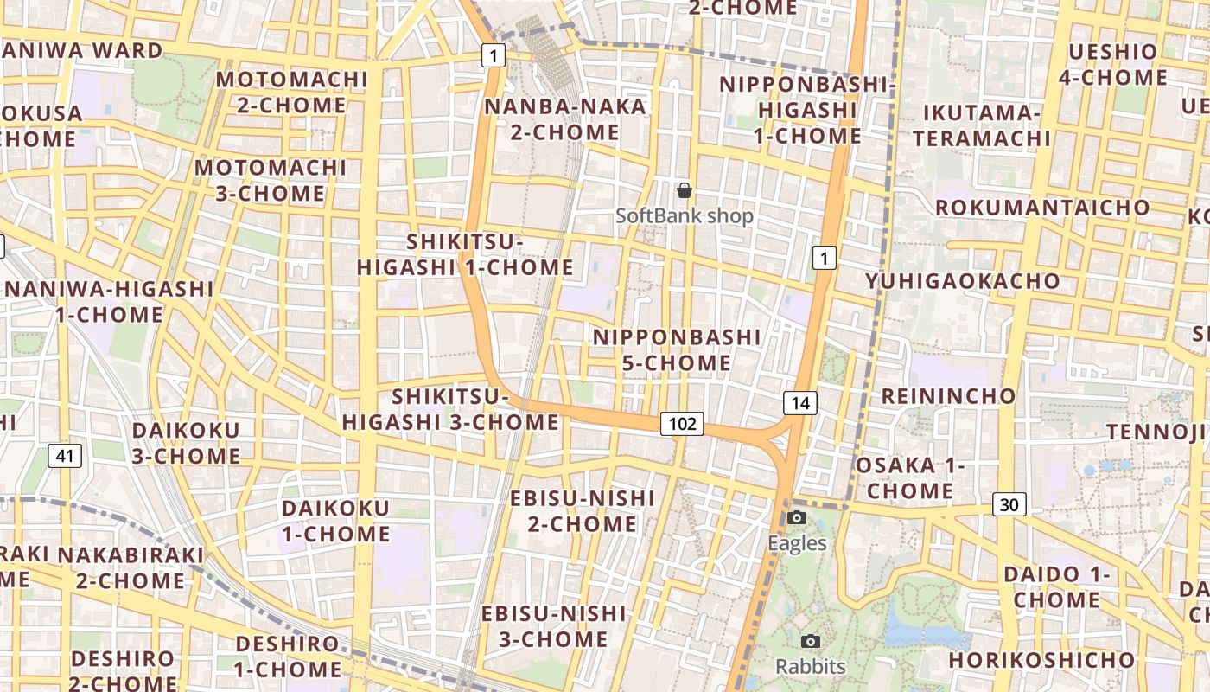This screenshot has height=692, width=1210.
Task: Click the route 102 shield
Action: [x=682, y=424]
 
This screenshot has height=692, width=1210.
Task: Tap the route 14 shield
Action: [x=800, y=402]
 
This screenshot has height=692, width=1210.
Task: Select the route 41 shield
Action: [x=65, y=456]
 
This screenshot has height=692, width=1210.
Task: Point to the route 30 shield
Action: [x=1009, y=504]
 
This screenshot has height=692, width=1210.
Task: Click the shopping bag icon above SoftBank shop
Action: [x=685, y=190]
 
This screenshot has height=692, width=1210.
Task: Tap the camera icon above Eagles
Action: [x=797, y=517]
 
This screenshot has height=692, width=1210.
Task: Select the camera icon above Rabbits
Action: [x=810, y=641]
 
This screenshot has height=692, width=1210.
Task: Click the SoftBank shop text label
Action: [x=685, y=216]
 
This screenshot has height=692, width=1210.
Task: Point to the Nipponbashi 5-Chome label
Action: [x=677, y=349]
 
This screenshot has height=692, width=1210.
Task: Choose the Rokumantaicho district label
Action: [x=1042, y=208]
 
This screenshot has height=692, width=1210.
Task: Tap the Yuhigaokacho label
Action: [x=963, y=281]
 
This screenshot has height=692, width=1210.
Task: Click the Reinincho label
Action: [x=948, y=396]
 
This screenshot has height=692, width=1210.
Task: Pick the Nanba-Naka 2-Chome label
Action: [x=565, y=119]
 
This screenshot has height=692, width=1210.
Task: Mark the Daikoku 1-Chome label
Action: [x=336, y=521]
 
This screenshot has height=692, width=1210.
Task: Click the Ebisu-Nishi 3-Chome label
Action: [x=553, y=626]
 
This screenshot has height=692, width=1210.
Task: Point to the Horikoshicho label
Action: [x=1041, y=660]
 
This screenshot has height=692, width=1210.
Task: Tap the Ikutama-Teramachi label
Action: [x=982, y=125]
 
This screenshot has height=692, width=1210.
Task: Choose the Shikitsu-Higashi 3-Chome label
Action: [x=450, y=409]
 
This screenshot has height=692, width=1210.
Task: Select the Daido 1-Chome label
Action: [x=1056, y=586]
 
